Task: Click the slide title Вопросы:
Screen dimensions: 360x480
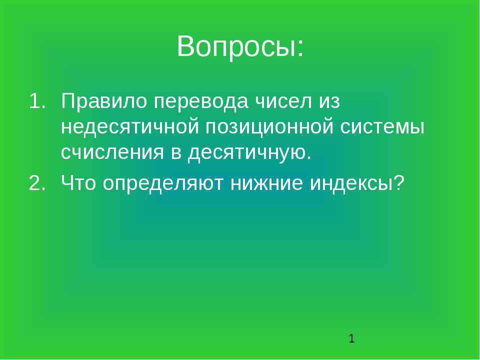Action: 240,47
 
